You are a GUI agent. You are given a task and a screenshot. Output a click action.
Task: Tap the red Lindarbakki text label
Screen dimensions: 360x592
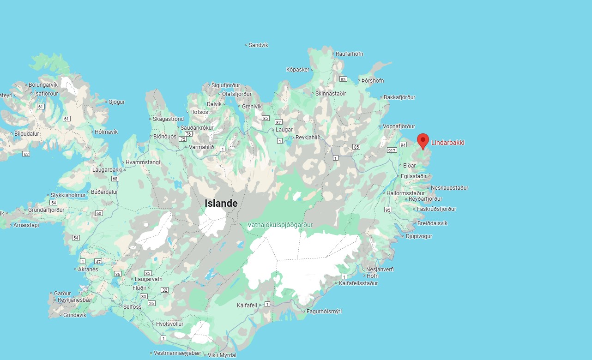point(447,143)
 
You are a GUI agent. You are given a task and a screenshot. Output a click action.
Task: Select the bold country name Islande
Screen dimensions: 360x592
point(221,203)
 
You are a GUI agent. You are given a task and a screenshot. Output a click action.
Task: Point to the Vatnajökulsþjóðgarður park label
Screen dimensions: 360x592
point(280,225)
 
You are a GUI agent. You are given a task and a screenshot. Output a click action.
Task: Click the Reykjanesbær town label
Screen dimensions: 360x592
point(75,300)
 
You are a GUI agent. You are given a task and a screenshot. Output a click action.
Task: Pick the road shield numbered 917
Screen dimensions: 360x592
point(392,150)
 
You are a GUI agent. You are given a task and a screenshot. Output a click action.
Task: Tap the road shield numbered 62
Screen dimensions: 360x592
point(26,154)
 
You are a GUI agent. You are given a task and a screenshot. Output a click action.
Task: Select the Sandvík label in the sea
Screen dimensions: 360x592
point(258,45)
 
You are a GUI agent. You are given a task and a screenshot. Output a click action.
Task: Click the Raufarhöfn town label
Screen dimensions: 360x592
point(349,54)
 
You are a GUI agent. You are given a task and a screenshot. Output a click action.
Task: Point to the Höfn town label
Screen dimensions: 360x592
point(372,276)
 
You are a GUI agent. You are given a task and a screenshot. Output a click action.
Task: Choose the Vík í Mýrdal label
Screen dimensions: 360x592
point(222,355)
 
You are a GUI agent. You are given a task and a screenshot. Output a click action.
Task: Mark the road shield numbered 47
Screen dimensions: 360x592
point(98,262)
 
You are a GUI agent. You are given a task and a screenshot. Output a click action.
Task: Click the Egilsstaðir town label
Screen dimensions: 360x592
point(414,176)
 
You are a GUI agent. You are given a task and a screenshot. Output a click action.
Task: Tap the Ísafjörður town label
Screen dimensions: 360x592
point(46,93)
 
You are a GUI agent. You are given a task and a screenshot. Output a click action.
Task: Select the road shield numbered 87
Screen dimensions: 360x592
point(278,122)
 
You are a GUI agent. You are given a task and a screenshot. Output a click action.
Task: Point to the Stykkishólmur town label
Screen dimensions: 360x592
point(68,195)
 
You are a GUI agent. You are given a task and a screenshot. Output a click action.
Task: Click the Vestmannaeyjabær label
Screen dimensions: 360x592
point(177,353)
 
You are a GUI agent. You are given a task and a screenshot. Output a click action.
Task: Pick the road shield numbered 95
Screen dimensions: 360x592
point(388,210)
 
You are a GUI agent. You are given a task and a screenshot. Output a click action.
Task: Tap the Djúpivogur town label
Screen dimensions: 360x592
point(419,236)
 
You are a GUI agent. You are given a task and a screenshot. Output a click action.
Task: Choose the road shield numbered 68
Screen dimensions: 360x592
point(115,179)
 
